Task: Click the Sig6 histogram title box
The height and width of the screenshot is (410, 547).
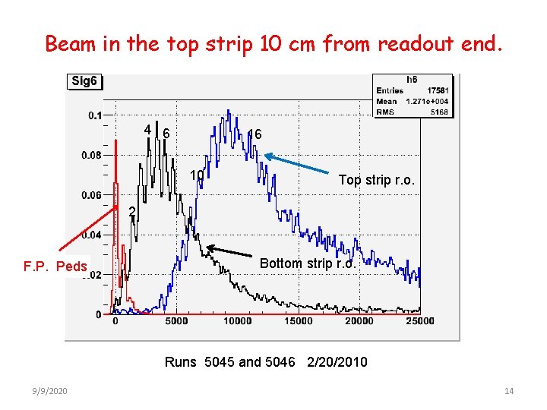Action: click(84, 81)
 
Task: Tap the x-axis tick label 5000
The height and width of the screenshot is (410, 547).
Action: click(175, 321)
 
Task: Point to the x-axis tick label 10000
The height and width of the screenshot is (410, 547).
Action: click(237, 321)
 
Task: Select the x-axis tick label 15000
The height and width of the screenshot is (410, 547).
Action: click(298, 321)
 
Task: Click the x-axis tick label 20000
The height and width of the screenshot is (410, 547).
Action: click(359, 321)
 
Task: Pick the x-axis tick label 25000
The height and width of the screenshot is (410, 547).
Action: click(419, 321)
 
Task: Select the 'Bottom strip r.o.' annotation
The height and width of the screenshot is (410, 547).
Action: click(307, 263)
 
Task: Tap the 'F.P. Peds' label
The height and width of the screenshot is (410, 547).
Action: click(55, 266)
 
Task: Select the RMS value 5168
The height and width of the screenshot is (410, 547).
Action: click(440, 112)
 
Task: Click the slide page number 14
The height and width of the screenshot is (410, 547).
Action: click(509, 391)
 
